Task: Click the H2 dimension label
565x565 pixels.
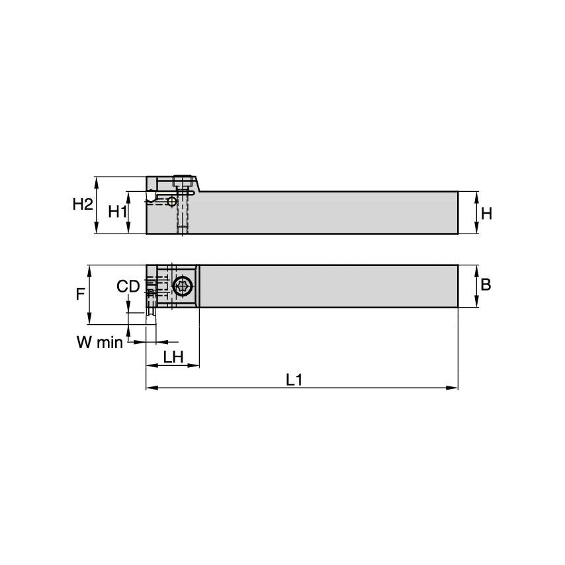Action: [82, 204]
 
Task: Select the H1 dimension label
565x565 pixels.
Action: [117, 212]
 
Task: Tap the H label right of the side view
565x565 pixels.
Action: [486, 213]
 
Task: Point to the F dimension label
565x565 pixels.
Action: [81, 294]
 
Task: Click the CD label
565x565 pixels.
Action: [128, 286]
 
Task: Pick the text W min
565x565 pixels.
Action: [99, 342]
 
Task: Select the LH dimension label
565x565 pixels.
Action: [173, 357]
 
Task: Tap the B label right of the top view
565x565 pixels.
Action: [486, 284]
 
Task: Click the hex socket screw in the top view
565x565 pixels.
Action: [182, 286]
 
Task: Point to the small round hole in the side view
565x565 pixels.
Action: [172, 201]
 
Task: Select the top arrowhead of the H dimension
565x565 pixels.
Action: [476, 195]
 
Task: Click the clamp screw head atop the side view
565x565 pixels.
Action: [184, 181]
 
